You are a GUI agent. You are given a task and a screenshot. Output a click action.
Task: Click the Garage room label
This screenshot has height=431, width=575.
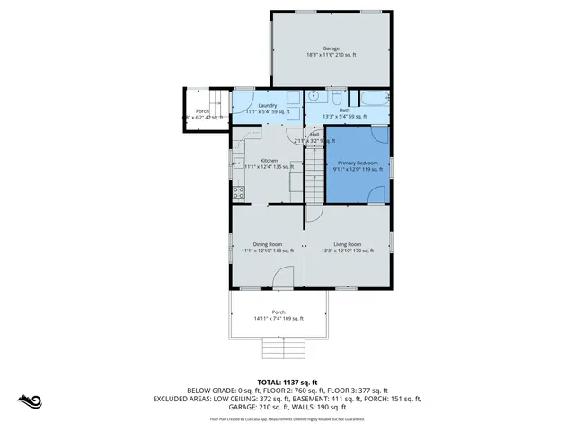coord(332,48)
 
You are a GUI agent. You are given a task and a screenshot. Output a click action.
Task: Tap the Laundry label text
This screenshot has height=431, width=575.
coord(266,106)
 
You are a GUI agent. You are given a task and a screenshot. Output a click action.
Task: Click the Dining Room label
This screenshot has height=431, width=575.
coord(268,244)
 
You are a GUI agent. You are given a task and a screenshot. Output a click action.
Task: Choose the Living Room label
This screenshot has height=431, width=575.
coord(347,244)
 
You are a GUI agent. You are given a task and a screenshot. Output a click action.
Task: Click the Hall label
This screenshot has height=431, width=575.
coord(314,135)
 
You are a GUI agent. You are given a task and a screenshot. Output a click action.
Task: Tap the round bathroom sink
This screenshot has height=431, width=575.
coord(314,94)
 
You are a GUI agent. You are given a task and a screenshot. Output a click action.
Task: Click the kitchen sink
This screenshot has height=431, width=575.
coord(237,162)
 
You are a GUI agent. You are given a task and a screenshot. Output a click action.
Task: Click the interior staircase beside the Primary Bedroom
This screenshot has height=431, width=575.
coord(314,175)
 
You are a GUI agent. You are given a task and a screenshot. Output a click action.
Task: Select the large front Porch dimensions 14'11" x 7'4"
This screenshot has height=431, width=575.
coord(279,318)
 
